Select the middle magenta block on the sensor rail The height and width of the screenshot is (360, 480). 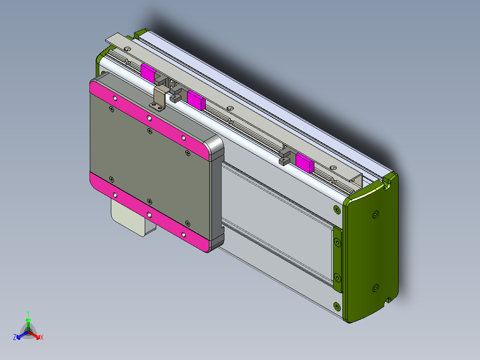[x=195, y=99]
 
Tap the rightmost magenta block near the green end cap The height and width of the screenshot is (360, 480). [x=305, y=163]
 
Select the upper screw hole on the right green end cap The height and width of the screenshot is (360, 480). [x=375, y=215]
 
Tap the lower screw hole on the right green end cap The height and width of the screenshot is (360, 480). [x=374, y=288]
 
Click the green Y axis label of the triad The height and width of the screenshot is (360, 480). [x=28, y=313]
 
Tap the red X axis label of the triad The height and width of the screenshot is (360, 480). [x=42, y=338]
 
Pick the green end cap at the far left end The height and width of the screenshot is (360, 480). [x=99, y=62]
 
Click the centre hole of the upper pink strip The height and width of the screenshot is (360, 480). [x=149, y=118]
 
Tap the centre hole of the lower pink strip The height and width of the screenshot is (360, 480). [x=149, y=215]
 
